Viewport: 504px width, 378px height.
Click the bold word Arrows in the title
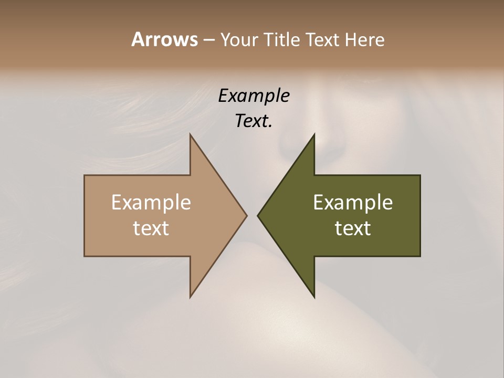tap(164, 39)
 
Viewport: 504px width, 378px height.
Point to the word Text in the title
tap(324, 40)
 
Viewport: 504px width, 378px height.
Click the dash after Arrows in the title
tap(208, 40)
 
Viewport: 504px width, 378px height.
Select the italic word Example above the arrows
tap(254, 96)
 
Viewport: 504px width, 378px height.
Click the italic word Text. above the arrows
tap(254, 121)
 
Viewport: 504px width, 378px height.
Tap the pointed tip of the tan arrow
tap(246, 215)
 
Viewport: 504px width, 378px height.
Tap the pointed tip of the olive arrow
tap(258, 215)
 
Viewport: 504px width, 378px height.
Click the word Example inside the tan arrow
tap(151, 203)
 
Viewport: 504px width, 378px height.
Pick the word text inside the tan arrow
tap(151, 228)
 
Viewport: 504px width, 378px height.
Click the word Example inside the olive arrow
tap(353, 203)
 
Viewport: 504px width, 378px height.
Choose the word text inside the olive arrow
tap(353, 228)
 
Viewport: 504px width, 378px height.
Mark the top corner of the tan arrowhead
tap(191, 134)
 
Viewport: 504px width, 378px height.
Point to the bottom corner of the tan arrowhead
tap(191, 297)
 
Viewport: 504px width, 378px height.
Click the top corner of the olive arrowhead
tap(314, 134)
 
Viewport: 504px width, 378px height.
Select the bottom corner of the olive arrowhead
tap(314, 297)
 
